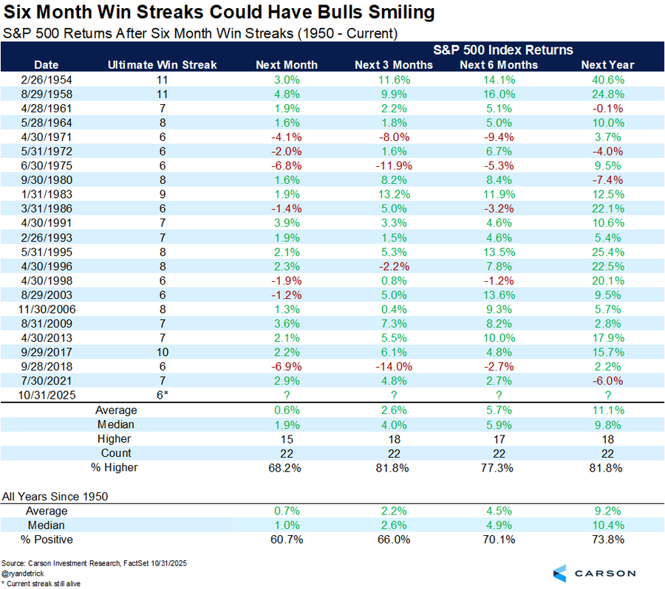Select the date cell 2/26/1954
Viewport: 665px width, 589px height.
(x=46, y=79)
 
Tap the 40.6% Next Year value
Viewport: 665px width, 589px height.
(x=608, y=79)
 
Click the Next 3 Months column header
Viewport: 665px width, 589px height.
(x=393, y=65)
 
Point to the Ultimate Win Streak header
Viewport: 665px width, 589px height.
(x=163, y=65)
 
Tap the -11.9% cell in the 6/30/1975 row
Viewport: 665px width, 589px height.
(x=393, y=165)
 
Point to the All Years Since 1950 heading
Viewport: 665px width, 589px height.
(x=55, y=496)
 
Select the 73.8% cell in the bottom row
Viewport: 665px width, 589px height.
(x=608, y=540)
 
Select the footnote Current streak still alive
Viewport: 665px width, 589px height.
(x=42, y=583)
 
